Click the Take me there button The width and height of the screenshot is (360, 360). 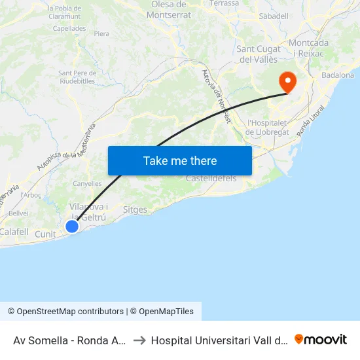pos(180,160)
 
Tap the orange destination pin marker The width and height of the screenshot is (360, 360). pos(287,82)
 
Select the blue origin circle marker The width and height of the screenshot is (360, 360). pos(72,226)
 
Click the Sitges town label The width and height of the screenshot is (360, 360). pos(135,210)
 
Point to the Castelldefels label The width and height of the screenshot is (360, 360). pos(211,178)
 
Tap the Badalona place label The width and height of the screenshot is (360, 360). pos(338,75)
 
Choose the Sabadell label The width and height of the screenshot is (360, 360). pos(274,15)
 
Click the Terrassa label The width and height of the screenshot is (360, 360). pos(225,3)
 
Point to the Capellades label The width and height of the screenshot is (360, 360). pos(69,29)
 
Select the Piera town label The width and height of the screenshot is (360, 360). pos(101,33)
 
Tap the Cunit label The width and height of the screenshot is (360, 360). pos(46,234)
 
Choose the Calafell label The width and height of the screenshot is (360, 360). pos(14,231)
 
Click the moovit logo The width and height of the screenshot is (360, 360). pos(321,339)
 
